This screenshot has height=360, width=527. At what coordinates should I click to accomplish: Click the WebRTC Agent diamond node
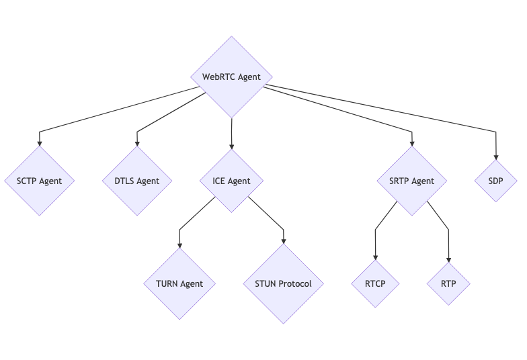[x=231, y=77]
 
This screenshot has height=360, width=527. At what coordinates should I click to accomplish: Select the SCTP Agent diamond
[x=39, y=181]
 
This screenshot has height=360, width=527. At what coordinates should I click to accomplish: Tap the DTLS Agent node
[x=138, y=181]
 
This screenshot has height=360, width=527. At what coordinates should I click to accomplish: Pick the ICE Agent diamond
[x=231, y=181]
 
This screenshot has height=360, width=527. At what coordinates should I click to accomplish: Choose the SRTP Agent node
[x=411, y=181]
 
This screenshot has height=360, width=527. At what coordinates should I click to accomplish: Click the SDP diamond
[x=497, y=181]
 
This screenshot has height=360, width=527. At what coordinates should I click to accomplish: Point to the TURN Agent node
[x=179, y=283]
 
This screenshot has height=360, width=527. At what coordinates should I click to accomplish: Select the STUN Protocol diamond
[x=283, y=283]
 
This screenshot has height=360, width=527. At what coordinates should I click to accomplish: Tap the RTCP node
[x=375, y=283]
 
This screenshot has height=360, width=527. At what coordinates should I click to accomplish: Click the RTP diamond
[x=448, y=283]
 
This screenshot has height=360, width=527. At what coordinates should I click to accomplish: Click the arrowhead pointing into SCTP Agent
[x=39, y=142]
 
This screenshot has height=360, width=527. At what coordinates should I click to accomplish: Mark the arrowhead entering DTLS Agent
[x=138, y=142]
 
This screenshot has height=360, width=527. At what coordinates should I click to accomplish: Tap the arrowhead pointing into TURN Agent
[x=179, y=245]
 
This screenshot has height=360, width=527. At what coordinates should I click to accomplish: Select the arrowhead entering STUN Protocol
[x=283, y=240]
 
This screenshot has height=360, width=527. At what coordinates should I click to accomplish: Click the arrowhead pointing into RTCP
[x=375, y=257]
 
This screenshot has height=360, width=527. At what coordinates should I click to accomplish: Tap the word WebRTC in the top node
[x=218, y=77]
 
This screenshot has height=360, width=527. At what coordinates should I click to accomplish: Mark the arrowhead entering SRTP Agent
[x=411, y=142]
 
